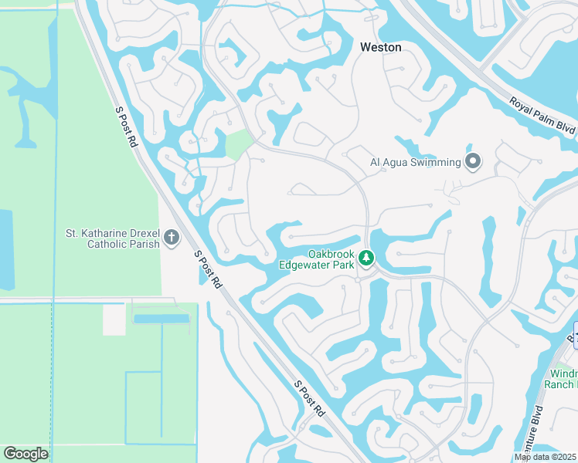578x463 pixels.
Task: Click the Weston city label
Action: tap(381, 47)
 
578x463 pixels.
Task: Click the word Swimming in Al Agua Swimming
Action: tap(435, 162)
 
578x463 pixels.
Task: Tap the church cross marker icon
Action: tap(172, 238)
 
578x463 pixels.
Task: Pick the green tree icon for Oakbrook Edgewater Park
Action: tap(367, 259)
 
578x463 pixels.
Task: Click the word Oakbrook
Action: tap(331, 253)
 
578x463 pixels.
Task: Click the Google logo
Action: tap(25, 454)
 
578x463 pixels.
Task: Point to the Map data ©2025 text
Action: tap(545, 457)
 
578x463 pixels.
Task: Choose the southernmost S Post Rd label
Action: tap(309, 400)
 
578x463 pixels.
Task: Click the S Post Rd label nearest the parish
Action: tap(208, 269)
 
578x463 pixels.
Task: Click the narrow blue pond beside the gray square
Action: tap(161, 319)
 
